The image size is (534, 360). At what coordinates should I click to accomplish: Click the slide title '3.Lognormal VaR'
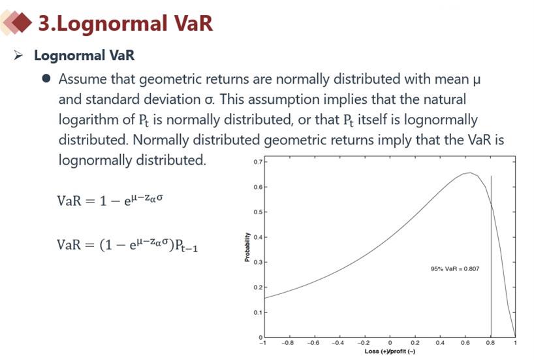(125, 23)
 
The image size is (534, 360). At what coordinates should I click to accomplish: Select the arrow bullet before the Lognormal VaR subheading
(18, 55)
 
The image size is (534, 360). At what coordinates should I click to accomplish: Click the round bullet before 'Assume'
(46, 79)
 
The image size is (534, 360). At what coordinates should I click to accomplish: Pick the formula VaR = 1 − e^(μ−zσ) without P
(110, 200)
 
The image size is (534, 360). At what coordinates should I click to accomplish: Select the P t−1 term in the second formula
(186, 245)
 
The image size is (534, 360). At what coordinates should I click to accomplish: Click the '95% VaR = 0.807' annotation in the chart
(455, 269)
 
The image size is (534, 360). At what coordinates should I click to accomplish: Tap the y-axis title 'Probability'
(247, 247)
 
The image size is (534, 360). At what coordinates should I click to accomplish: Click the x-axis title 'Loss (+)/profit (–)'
(390, 351)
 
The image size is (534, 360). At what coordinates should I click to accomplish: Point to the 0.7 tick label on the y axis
(258, 161)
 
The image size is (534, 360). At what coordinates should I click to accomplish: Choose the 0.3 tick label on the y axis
(258, 262)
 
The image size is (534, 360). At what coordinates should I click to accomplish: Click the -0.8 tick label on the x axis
(288, 342)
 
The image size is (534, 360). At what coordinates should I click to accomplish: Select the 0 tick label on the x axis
(390, 342)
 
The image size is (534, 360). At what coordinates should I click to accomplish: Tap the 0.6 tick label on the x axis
(465, 342)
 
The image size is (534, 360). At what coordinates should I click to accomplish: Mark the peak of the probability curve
(470, 172)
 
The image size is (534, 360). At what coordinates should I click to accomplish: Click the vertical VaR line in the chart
(491, 256)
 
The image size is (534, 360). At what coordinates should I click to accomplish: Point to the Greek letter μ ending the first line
(477, 80)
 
